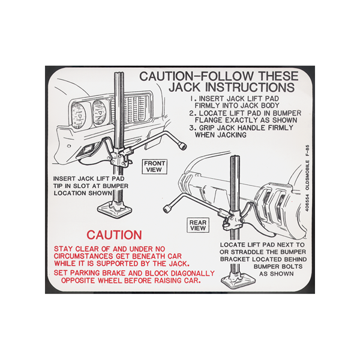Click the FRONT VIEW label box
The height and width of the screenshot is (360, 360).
(154, 166)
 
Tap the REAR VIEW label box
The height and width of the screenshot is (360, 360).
(198, 225)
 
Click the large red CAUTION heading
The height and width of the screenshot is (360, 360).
(115, 235)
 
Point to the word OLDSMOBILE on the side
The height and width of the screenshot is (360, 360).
(307, 175)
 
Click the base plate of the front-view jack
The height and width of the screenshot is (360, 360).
(115, 209)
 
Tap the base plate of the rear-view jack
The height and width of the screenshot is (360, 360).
(238, 281)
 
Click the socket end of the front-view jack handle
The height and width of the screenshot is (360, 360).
(183, 146)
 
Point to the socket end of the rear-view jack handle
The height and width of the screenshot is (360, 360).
(167, 208)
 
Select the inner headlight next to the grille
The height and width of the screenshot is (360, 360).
(99, 113)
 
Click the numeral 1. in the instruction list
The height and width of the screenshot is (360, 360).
(194, 99)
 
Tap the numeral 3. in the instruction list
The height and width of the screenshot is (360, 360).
(193, 128)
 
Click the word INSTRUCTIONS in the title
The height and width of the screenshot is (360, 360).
(250, 87)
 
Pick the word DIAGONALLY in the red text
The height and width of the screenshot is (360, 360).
(193, 273)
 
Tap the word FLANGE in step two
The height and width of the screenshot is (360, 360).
(209, 121)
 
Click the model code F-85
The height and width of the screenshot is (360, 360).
(307, 151)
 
